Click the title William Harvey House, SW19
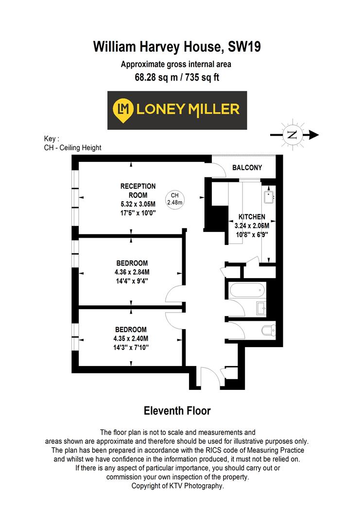(x=177, y=47)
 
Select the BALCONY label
(x=247, y=168)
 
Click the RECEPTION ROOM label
(x=138, y=191)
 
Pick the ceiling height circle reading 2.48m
(x=175, y=199)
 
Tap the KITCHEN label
(x=251, y=217)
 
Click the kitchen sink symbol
(x=269, y=196)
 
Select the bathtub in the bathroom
(x=246, y=292)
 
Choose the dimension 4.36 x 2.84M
(x=131, y=272)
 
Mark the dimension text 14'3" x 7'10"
(x=131, y=347)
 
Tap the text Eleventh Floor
(x=177, y=411)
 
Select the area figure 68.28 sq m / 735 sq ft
(x=177, y=77)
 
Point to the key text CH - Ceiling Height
(x=72, y=148)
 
